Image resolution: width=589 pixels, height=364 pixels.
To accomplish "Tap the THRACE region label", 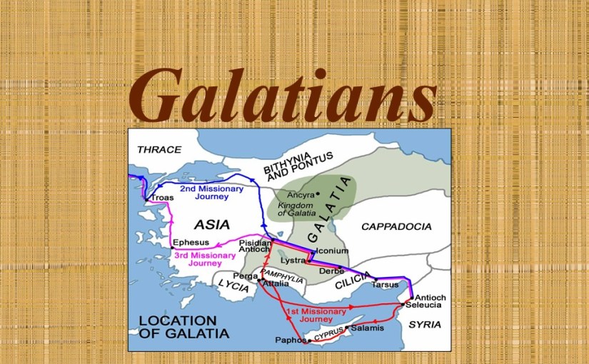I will (x=159, y=149).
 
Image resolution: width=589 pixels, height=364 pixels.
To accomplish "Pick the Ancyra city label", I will (x=301, y=194).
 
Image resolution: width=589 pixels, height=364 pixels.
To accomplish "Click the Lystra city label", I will (x=293, y=261).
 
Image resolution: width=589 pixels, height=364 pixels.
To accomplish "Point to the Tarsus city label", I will (x=385, y=285).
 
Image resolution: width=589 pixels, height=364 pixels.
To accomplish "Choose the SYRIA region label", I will (x=425, y=325).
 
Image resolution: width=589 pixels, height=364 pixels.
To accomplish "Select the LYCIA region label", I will (x=232, y=283).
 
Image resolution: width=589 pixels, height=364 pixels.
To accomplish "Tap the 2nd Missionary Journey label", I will (x=211, y=193).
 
